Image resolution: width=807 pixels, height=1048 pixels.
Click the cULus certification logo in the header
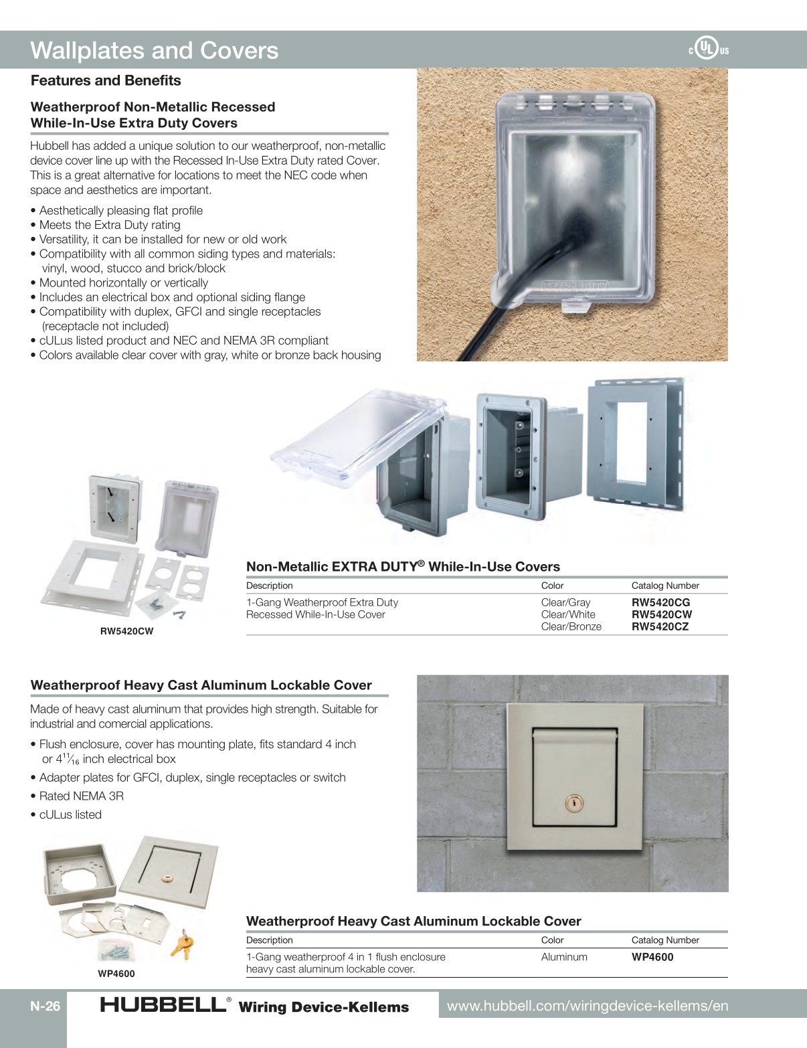tap(708, 49)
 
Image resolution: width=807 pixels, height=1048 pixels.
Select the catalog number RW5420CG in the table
tap(660, 602)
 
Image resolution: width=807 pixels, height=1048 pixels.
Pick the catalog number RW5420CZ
tap(660, 626)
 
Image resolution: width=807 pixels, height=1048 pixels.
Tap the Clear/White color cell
tap(568, 614)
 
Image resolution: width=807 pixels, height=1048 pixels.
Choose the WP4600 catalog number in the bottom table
tap(652, 957)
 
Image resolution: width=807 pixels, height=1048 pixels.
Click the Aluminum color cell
tap(564, 957)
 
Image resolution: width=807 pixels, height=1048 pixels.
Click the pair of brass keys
tap(181, 944)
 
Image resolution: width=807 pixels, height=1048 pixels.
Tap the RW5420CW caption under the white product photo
tap(126, 631)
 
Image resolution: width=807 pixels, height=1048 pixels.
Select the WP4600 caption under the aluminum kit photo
tap(116, 974)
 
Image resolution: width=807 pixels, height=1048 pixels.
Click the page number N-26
tap(45, 1007)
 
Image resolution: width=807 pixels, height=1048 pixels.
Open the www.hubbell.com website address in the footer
tap(588, 1006)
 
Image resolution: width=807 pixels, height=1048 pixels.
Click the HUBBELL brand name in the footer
tap(163, 1005)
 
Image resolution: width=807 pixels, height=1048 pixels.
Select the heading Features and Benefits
tap(106, 80)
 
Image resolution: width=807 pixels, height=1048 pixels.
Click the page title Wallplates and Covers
tap(154, 51)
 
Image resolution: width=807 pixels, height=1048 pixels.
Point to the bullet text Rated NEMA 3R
tap(81, 796)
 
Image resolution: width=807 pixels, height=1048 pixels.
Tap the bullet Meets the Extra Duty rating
tap(109, 225)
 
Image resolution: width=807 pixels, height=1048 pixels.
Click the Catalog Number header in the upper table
tap(665, 586)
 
